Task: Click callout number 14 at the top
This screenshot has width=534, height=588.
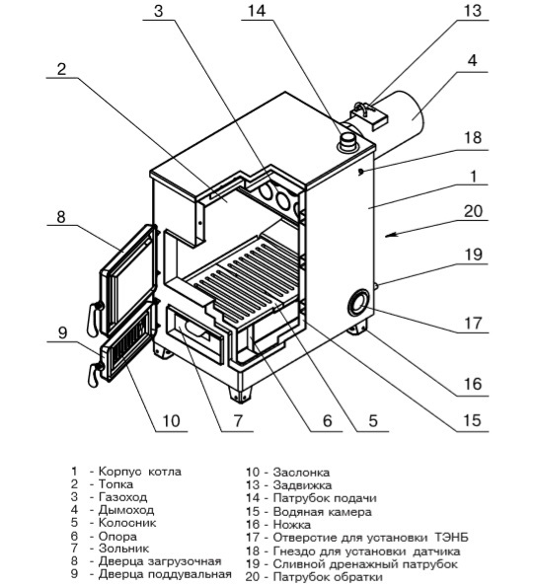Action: (257, 10)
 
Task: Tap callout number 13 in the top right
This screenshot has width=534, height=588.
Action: (472, 10)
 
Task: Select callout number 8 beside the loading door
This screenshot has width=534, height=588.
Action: (61, 216)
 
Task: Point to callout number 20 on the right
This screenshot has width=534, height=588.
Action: (473, 211)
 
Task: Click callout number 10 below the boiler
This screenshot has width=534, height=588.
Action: (171, 420)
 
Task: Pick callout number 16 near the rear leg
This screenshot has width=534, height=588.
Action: (473, 384)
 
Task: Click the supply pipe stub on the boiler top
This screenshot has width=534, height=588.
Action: (347, 142)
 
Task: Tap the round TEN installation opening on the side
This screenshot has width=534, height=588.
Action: (358, 303)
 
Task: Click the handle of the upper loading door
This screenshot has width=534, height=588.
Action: (94, 318)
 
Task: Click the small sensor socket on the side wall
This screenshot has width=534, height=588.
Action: (361, 172)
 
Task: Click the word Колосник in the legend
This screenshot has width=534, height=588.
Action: (127, 522)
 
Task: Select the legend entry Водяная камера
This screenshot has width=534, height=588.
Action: (323, 512)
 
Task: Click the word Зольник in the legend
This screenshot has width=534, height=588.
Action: (123, 549)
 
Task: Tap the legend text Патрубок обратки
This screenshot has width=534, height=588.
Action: (328, 577)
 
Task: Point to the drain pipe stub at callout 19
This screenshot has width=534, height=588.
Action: (376, 286)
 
